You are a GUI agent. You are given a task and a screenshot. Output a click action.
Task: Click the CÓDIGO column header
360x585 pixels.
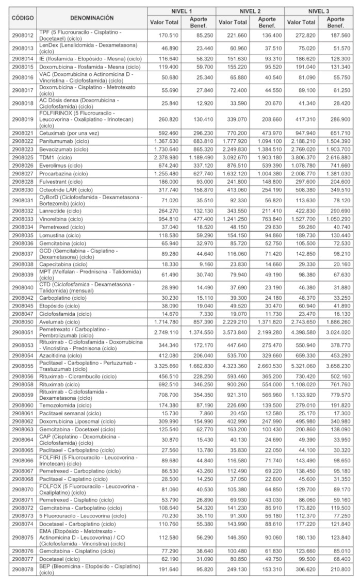[23, 17]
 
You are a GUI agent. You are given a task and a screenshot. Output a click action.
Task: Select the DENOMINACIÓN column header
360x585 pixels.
[92, 17]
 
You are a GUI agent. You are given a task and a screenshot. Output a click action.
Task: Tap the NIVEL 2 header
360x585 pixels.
[250, 10]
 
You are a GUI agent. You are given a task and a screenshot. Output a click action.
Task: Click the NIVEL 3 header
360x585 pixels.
[319, 10]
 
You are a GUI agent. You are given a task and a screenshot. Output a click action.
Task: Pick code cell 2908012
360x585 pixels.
[23, 36]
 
